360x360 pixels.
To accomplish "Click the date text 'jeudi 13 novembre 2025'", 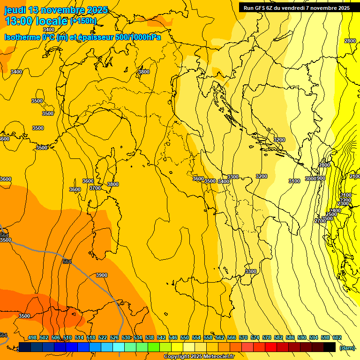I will [x=56, y=10].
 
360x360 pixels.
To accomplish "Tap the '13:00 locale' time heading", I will [x=37, y=21].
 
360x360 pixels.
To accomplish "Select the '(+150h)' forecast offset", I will [x=83, y=21].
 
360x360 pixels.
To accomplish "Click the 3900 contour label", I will [x=101, y=275].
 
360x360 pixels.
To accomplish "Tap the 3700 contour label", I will [x=95, y=188].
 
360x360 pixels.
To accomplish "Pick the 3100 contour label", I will [x=294, y=181].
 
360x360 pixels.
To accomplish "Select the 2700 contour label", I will [x=320, y=221].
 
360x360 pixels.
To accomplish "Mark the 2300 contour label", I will [x=343, y=204].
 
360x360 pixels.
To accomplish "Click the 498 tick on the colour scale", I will [x=32, y=338].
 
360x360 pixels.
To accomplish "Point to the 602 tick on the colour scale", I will [x=337, y=338].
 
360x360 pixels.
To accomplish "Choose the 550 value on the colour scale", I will [x=185, y=338].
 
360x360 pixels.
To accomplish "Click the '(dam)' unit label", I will [x=347, y=348].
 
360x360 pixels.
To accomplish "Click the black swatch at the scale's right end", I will [x=330, y=347].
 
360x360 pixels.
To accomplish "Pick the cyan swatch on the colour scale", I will [x=119, y=347].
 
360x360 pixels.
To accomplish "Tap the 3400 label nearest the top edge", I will [x=49, y=30].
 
